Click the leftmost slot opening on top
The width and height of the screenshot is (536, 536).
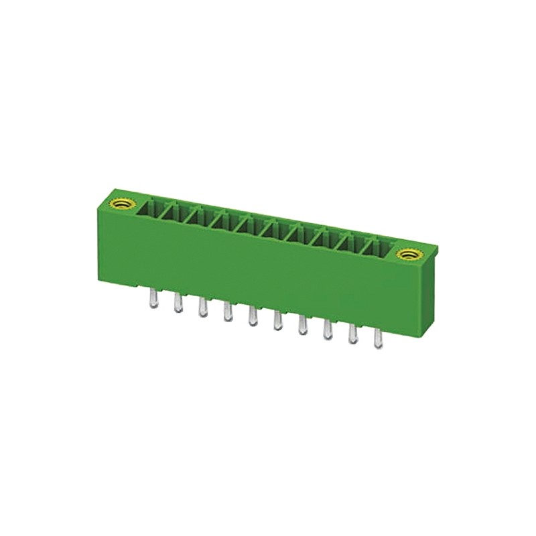(x=150, y=209)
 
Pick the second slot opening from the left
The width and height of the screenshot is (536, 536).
(x=174, y=213)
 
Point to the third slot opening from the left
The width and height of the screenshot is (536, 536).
(x=199, y=218)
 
